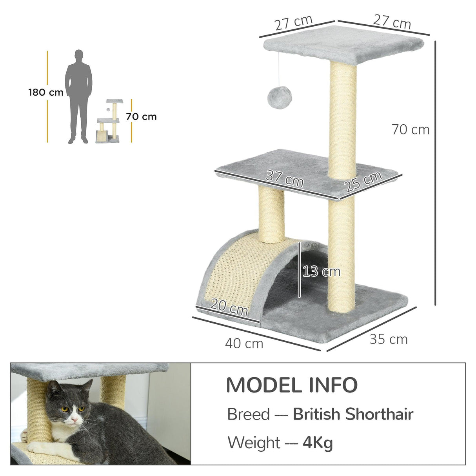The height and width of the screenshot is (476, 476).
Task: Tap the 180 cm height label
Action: (x=45, y=93)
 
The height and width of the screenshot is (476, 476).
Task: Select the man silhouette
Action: (x=79, y=96)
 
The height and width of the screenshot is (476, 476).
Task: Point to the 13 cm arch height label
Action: (x=322, y=271)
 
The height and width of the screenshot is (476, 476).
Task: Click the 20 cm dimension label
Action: (x=229, y=306)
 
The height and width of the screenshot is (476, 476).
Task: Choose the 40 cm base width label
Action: (x=244, y=343)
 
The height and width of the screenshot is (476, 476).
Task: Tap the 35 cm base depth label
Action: (x=389, y=339)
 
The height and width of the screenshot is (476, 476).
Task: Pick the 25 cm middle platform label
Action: (x=363, y=181)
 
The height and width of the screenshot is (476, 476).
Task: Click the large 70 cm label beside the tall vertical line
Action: (x=411, y=129)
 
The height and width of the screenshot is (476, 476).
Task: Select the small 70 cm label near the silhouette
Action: (x=141, y=116)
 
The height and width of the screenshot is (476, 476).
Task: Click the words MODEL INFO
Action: (x=292, y=385)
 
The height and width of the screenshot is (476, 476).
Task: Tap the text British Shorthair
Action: (x=353, y=414)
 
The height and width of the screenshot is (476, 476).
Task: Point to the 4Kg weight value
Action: (x=318, y=443)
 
